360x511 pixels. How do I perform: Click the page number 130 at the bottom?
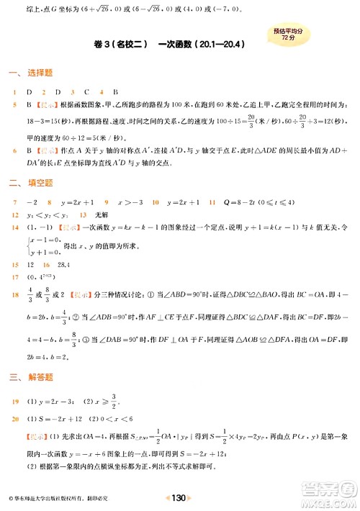coord(180,497)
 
